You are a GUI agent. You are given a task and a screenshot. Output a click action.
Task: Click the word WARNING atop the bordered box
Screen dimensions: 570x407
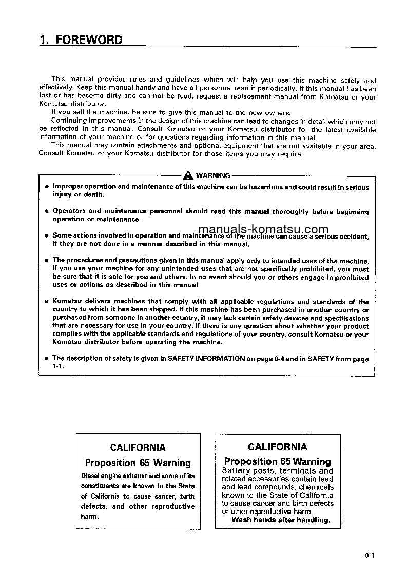tap(213, 175)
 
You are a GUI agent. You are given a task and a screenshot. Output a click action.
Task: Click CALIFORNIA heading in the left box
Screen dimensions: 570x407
tap(138, 448)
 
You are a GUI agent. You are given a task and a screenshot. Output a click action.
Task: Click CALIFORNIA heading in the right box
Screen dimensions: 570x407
tap(278, 447)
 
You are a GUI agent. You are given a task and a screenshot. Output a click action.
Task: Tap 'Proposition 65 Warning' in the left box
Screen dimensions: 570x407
tap(138, 463)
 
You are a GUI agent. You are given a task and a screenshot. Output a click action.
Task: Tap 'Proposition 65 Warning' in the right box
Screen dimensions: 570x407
tap(278, 461)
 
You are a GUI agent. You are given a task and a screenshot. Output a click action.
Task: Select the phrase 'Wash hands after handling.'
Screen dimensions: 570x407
tap(280, 520)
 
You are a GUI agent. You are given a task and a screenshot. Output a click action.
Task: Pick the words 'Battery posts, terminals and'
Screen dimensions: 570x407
tap(277, 471)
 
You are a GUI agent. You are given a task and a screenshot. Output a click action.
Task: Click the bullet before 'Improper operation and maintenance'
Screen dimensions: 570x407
tap(46, 187)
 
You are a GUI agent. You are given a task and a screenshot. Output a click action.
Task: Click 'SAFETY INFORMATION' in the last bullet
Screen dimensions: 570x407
tap(206, 359)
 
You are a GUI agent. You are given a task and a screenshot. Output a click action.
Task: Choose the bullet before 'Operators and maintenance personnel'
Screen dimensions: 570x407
tap(46, 211)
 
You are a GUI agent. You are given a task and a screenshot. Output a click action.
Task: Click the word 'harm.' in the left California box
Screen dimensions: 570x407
tap(90, 516)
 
